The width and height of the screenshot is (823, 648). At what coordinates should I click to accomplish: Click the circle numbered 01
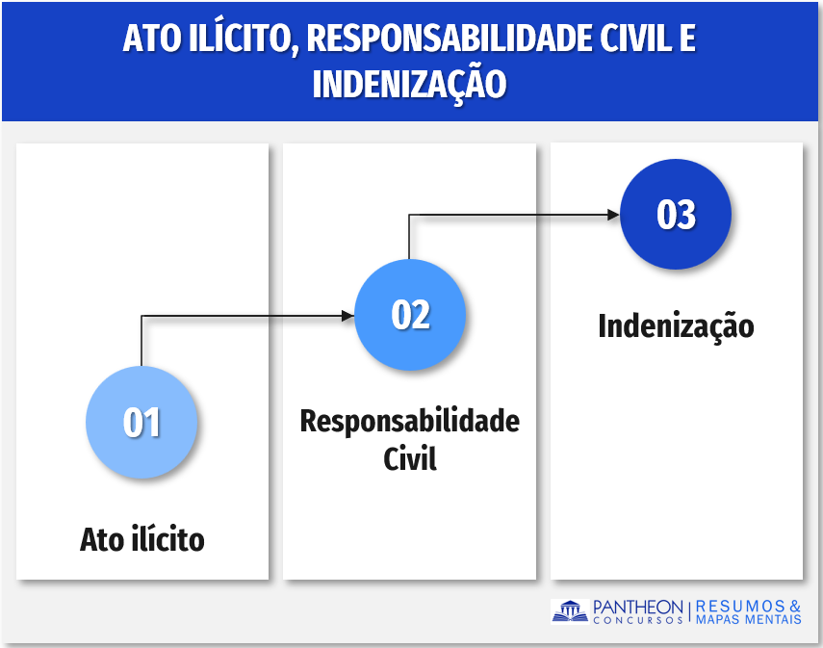pyautogui.click(x=141, y=422)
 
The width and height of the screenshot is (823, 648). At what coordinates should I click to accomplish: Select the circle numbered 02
pyautogui.click(x=410, y=315)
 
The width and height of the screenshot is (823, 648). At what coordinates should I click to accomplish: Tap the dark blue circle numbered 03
pyautogui.click(x=676, y=215)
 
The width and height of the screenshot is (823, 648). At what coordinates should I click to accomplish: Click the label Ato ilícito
pyautogui.click(x=142, y=539)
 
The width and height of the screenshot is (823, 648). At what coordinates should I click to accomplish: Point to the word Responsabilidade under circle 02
pyautogui.click(x=409, y=421)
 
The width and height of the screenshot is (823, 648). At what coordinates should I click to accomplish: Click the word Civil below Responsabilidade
pyautogui.click(x=410, y=458)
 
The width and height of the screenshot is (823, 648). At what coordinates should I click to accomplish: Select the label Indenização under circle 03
pyautogui.click(x=676, y=326)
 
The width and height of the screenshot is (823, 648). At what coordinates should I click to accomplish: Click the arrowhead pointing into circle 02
pyautogui.click(x=348, y=316)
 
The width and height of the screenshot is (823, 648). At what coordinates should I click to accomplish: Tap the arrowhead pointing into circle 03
pyautogui.click(x=613, y=215)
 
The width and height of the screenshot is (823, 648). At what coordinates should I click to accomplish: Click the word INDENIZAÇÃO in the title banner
pyautogui.click(x=409, y=83)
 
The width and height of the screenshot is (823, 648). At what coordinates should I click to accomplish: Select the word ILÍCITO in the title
pyautogui.click(x=243, y=38)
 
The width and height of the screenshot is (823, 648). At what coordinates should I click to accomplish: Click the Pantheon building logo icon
pyautogui.click(x=570, y=611)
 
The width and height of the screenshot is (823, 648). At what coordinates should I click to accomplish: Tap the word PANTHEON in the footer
pyautogui.click(x=638, y=608)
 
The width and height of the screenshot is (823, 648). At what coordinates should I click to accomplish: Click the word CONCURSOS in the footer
pyautogui.click(x=638, y=620)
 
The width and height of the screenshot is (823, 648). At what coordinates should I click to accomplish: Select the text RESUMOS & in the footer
pyautogui.click(x=749, y=607)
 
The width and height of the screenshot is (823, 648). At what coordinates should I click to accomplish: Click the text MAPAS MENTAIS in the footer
pyautogui.click(x=749, y=620)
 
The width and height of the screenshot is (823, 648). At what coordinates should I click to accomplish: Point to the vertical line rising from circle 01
pyautogui.click(x=141, y=341)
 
